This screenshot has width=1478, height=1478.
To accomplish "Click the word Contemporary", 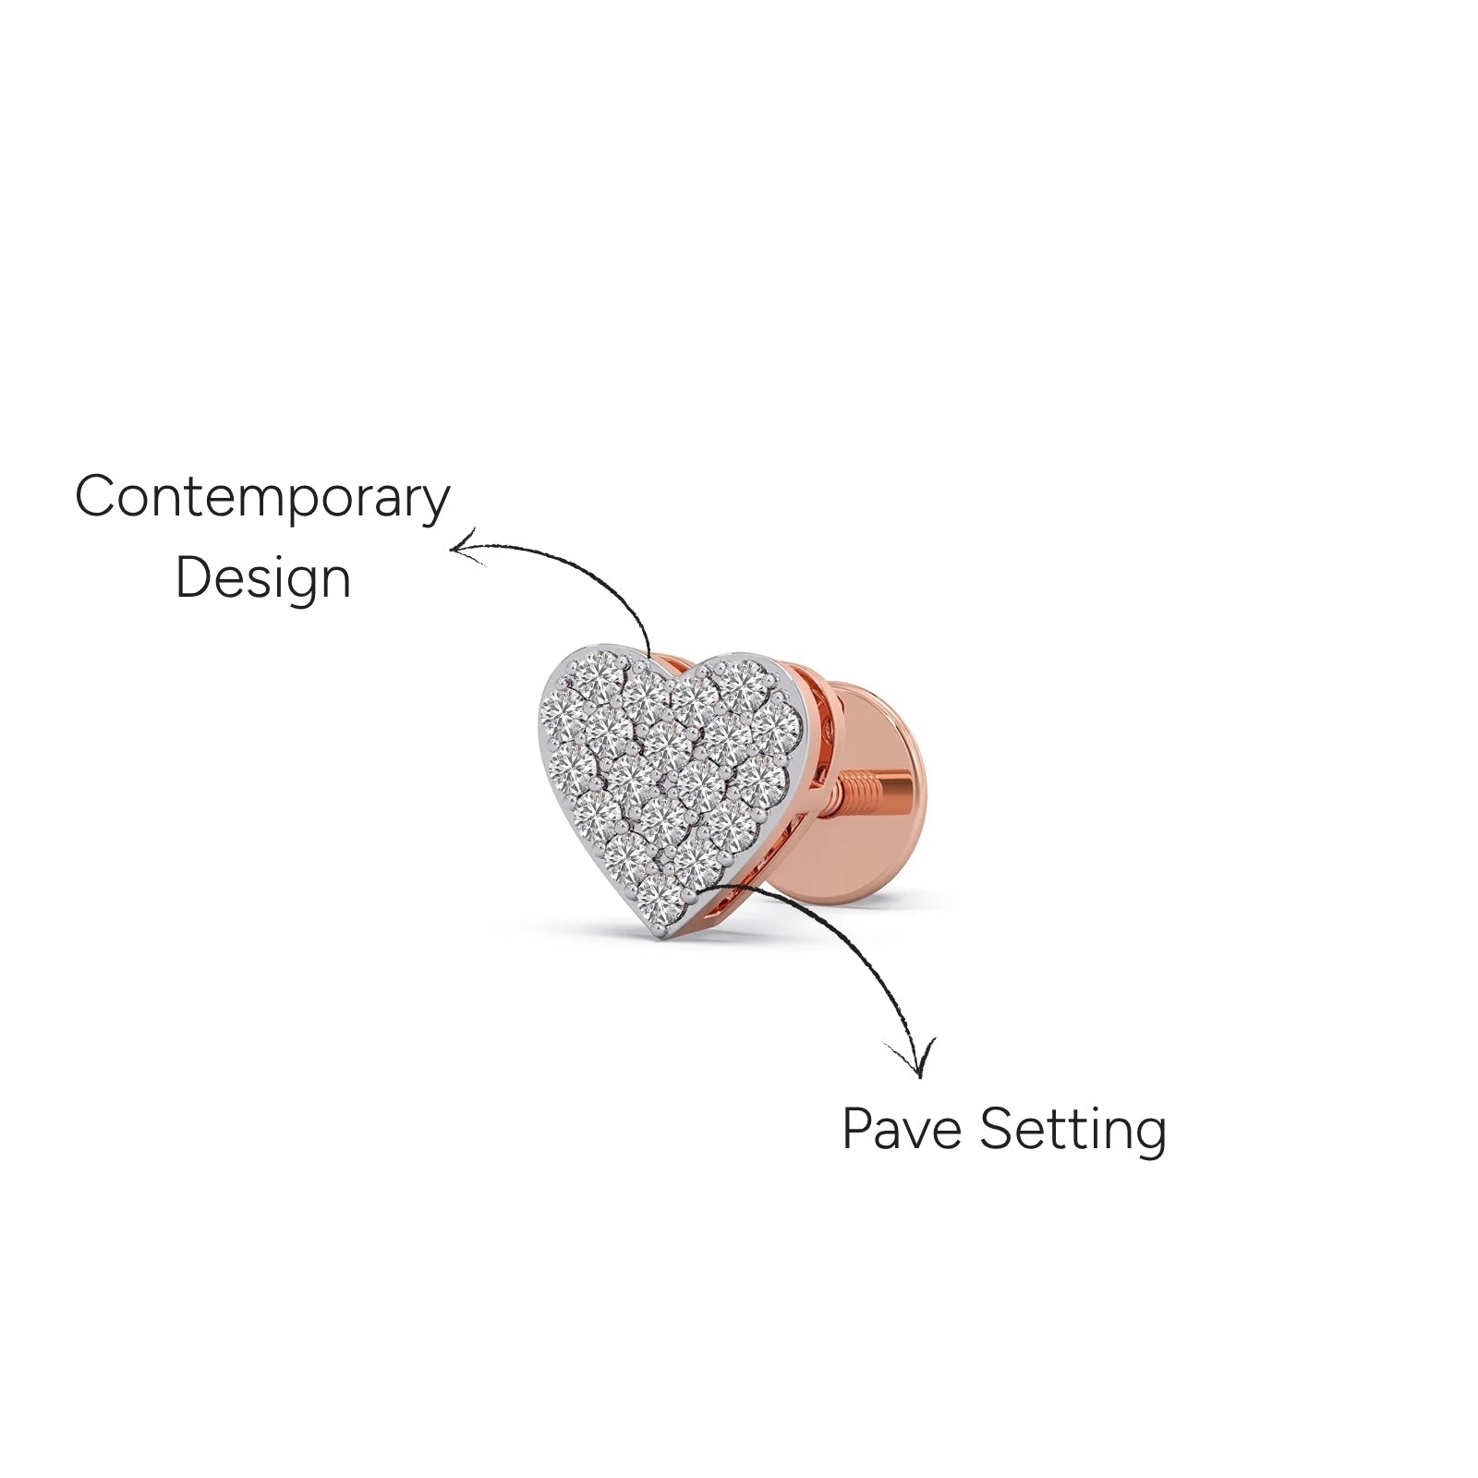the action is (262, 499).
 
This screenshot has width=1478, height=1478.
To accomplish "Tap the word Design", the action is (263, 579).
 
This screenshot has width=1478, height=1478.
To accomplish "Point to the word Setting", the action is (1072, 1131).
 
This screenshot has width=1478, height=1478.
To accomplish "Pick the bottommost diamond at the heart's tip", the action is (657, 899).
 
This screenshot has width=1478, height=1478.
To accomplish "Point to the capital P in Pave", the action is (858, 1128).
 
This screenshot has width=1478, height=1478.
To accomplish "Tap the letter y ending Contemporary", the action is (435, 505).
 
